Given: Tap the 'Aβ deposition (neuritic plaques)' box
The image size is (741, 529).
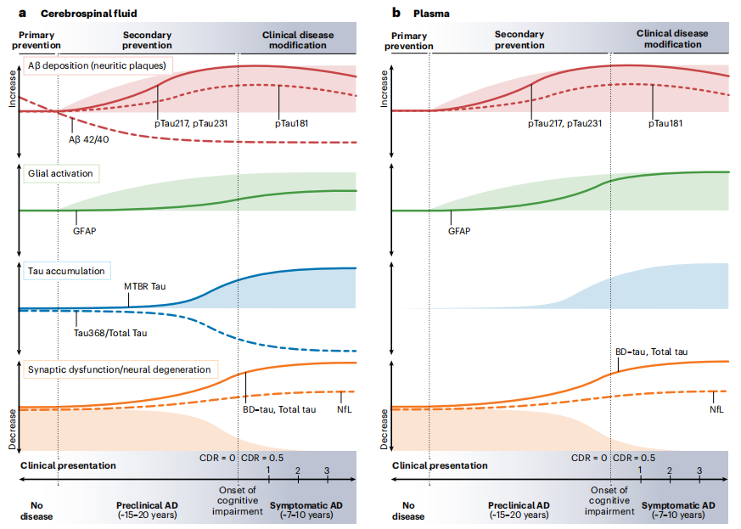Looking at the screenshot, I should click(96, 65).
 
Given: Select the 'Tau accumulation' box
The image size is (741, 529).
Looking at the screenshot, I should click(66, 272).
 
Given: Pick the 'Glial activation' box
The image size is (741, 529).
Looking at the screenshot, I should click(60, 173).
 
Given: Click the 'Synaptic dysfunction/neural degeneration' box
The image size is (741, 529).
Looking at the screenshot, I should click(118, 369).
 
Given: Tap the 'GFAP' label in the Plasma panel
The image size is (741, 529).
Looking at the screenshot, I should click(459, 230).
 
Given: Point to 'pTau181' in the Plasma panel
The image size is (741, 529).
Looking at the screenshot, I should click(665, 123).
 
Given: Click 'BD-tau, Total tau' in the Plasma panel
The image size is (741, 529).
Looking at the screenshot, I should click(651, 352).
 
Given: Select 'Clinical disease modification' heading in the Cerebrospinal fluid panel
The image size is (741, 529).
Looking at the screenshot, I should click(297, 40).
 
